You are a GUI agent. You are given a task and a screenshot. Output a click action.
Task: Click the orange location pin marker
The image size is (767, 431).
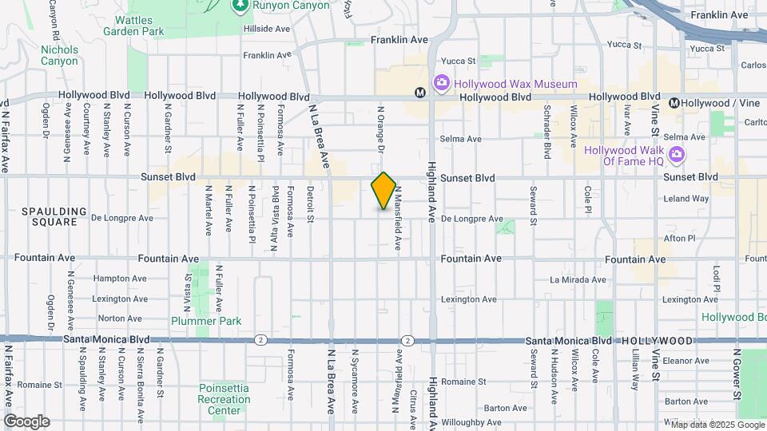[x=383, y=191]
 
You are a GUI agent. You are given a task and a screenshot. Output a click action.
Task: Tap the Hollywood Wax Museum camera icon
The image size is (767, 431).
[x=441, y=83]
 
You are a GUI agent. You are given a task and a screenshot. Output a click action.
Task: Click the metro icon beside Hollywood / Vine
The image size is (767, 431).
[x=675, y=102]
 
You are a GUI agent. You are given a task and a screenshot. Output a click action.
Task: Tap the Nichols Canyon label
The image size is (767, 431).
[x=59, y=55]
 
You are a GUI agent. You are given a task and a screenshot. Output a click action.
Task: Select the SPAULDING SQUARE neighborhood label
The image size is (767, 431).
[x=54, y=216]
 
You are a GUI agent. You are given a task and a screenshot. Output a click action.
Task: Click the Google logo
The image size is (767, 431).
[x=26, y=421]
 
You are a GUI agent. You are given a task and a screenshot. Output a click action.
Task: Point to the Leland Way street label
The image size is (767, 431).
[x=686, y=199]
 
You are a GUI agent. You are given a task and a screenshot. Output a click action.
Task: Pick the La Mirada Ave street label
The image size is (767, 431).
[x=578, y=279]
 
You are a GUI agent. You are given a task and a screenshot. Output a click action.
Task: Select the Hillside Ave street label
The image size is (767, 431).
[x=267, y=28]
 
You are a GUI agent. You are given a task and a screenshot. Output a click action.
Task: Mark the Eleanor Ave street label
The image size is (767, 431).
[x=686, y=361]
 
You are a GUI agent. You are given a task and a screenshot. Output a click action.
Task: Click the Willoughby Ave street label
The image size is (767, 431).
[x=475, y=422]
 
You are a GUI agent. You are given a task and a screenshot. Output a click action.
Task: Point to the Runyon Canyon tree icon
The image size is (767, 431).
[x=240, y=6]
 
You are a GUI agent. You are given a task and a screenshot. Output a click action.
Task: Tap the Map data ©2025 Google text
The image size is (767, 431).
[x=713, y=424]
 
